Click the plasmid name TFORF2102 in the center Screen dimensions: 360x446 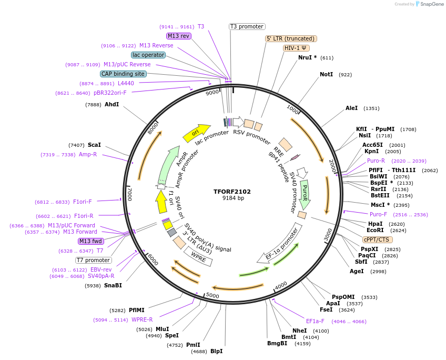coord(232,192)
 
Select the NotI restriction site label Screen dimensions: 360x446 coord(326,75)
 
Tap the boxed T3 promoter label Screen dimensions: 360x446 coord(247,26)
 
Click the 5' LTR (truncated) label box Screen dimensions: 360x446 coord(290,38)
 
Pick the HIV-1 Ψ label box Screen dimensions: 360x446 coord(296,48)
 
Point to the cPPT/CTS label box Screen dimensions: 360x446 coord(376,239)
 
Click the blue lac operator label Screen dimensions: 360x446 coord(148,55)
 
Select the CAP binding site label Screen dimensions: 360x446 coord(123,74)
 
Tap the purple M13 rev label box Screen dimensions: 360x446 coord(178,36)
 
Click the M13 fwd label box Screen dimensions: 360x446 coord(90,241)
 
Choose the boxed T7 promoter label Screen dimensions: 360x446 coord(93,260)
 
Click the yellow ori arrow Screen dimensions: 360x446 coord(196,133)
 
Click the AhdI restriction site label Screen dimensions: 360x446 coord(111,104)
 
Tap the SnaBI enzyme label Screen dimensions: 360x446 coord(113,285)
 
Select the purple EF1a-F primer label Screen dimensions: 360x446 coord(315,321)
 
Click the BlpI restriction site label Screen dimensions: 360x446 coord(216,351)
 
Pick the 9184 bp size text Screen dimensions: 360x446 coord(233,198)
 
